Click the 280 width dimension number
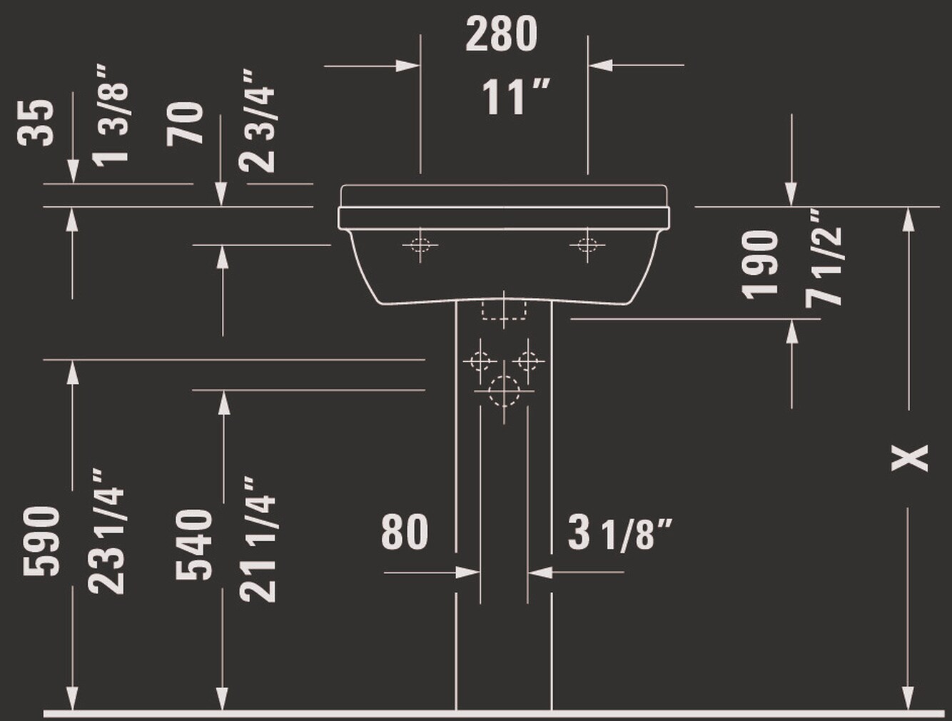click(501, 35)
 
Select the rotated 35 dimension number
click(36, 123)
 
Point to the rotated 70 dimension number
click(186, 124)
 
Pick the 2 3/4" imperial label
click(259, 121)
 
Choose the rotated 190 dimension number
click(759, 263)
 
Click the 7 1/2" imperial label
click(825, 258)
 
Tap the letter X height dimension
click(910, 458)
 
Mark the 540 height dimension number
click(194, 544)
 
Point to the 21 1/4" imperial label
click(259, 539)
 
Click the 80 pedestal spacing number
click(405, 532)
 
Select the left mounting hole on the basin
click(420, 246)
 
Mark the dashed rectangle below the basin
click(504, 310)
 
